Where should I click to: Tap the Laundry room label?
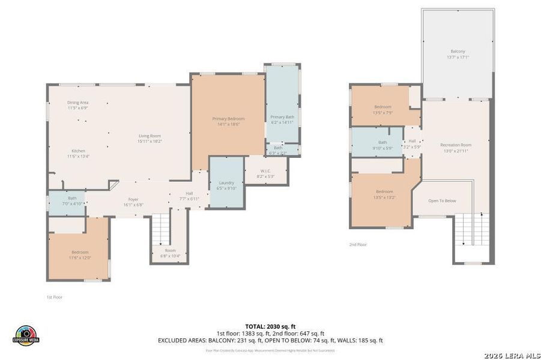pos(226,185)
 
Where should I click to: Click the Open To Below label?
pos(443,200)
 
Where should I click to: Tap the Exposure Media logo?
pos(26,335)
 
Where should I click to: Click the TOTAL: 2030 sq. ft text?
pos(270,326)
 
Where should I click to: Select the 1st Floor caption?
pos(55,297)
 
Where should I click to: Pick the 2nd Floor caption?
pos(358,245)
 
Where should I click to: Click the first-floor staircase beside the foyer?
pos(160,227)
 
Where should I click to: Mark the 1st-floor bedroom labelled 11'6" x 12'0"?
pos(80,254)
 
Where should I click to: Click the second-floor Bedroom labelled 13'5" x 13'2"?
pos(384,194)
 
